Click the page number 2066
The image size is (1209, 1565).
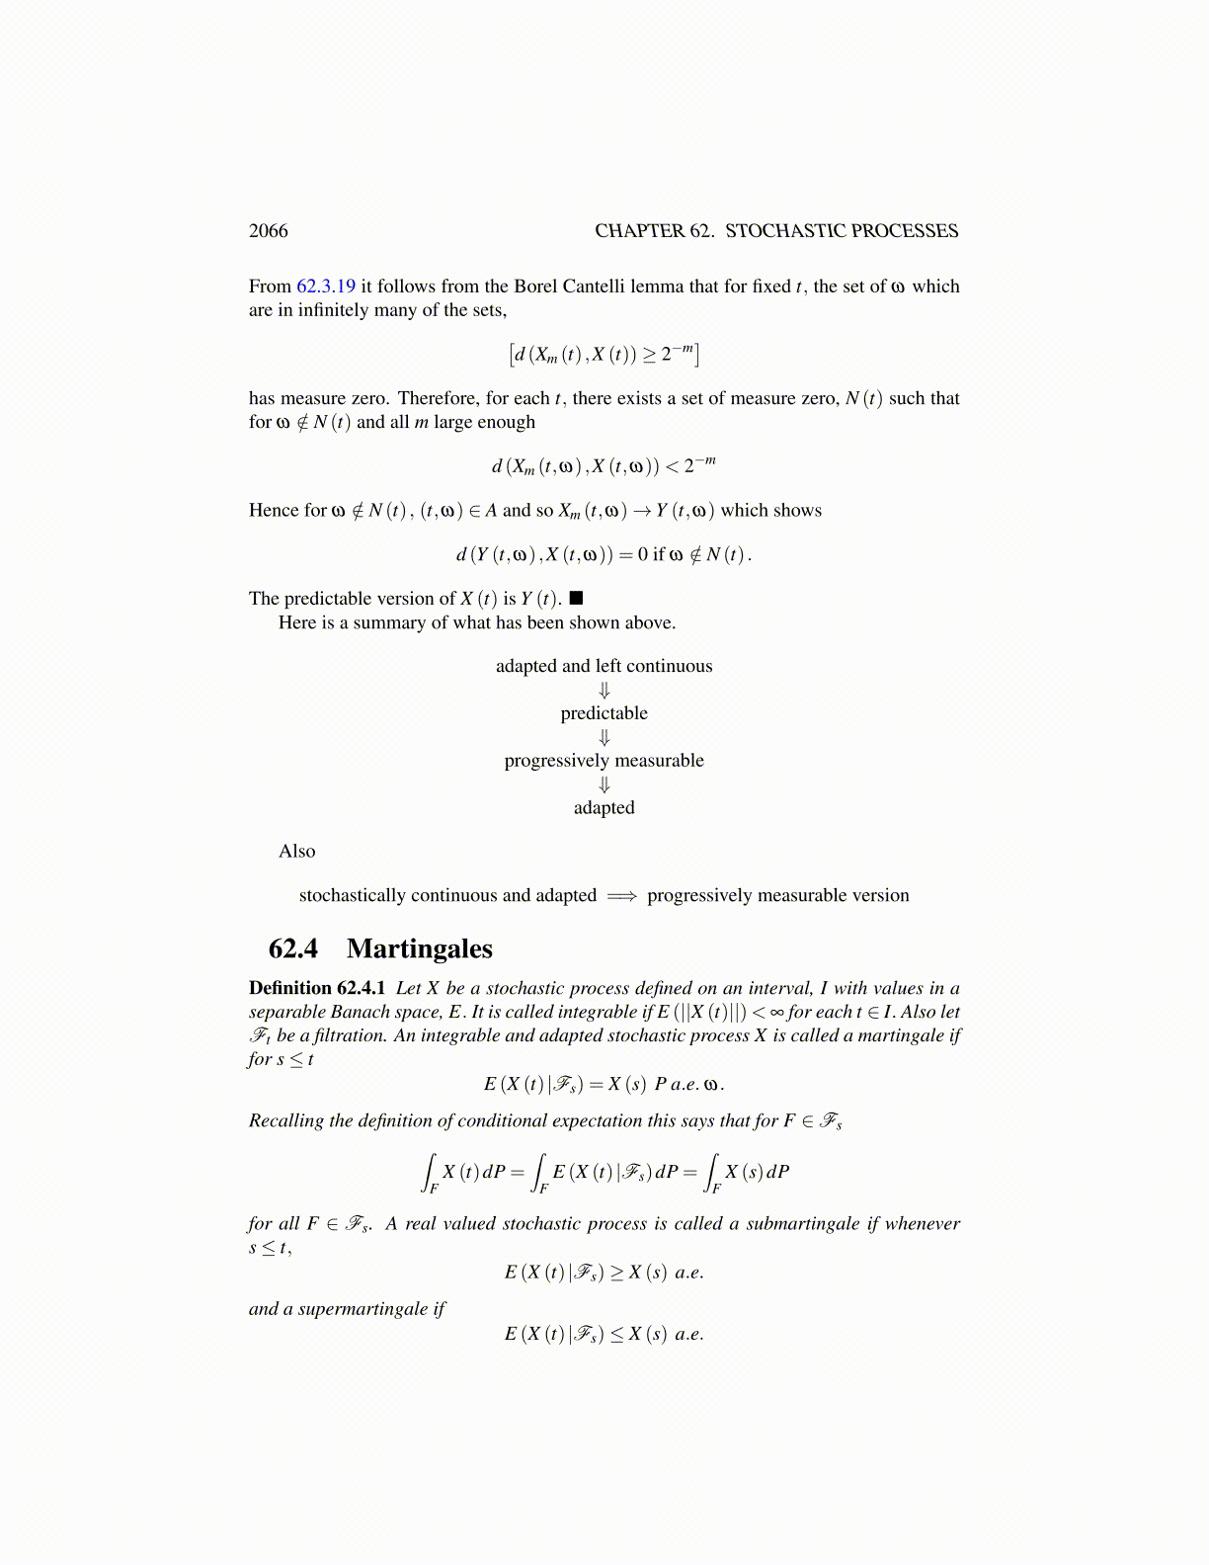[x=269, y=231]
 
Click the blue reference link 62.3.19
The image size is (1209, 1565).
[x=326, y=287]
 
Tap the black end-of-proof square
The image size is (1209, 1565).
[x=577, y=599]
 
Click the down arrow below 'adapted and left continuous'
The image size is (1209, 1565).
[x=604, y=691]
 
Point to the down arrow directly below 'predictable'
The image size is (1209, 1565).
[x=604, y=738]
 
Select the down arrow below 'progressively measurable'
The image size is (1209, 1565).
[x=604, y=785]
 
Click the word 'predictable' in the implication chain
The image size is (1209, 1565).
[x=604, y=713]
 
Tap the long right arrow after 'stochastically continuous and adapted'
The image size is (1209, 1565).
[x=621, y=896]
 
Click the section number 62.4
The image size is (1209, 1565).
[x=293, y=949]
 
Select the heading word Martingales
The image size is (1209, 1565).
[x=420, y=949]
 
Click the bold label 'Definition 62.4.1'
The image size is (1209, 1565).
[x=317, y=988]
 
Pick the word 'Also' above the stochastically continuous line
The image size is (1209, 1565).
[x=297, y=852]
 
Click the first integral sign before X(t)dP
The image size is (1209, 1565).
[x=431, y=1172]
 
